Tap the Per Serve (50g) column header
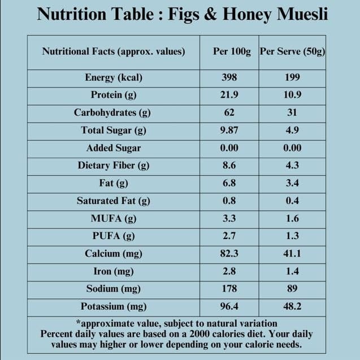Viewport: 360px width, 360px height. coord(292,51)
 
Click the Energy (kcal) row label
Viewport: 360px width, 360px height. coord(114,77)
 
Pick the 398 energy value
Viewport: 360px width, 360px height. coord(229,77)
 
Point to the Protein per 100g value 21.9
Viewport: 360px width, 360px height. coord(229,95)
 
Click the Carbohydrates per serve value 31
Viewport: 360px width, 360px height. coord(292,112)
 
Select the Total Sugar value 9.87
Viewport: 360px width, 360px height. coord(229,131)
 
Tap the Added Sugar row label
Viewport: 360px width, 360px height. coord(114,148)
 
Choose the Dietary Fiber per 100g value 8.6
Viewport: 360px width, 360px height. coord(229,166)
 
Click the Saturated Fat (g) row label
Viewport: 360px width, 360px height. coord(114,201)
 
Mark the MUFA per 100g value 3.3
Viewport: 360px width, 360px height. coord(229,218)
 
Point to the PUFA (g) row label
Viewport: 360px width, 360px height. coord(114,236)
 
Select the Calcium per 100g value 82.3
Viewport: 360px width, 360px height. coord(229,254)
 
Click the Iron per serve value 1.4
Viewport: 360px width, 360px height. coord(292,271)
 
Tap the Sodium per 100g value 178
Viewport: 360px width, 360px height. coord(229,289)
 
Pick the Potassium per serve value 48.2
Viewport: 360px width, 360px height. coord(292,307)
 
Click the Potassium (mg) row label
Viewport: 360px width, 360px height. coord(114,307)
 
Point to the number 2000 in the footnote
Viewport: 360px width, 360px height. coord(203,334)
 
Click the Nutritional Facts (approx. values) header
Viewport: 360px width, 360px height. coord(114,51)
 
